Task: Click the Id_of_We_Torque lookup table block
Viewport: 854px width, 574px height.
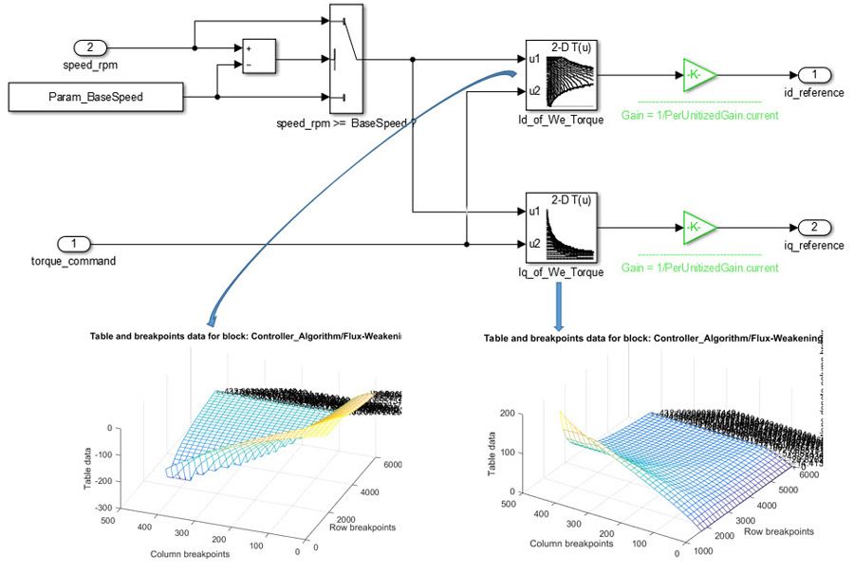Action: pyautogui.click(x=562, y=77)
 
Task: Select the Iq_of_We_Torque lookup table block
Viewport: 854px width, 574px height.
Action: pyautogui.click(x=562, y=229)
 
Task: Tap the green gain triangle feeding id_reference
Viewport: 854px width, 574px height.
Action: pyautogui.click(x=699, y=74)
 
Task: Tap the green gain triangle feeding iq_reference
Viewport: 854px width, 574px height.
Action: pyautogui.click(x=699, y=228)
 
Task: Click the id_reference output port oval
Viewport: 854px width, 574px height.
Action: pyautogui.click(x=814, y=74)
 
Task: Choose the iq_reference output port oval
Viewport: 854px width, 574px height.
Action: pyautogui.click(x=814, y=228)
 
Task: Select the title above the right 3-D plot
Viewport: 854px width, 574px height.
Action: pyautogui.click(x=653, y=339)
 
